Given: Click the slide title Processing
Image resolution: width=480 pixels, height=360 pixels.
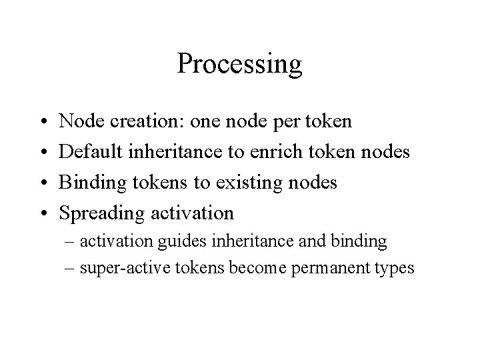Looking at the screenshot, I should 240,65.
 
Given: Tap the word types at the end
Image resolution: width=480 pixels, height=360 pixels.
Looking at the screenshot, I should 395,268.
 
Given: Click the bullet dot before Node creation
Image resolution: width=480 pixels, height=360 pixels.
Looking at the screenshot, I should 41,122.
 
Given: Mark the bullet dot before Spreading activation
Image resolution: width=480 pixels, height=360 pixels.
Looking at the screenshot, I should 41,214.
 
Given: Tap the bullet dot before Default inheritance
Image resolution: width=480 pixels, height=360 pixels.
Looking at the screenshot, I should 41,153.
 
